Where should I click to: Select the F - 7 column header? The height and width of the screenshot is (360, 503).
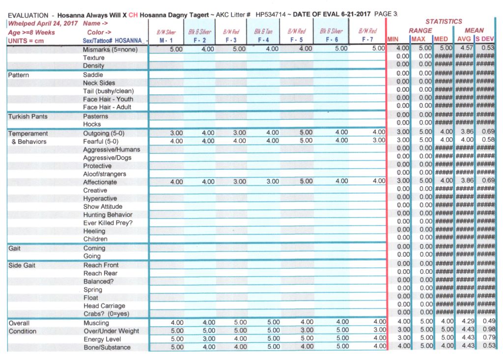click(367, 40)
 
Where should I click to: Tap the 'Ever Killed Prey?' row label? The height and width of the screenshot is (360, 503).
click(108, 223)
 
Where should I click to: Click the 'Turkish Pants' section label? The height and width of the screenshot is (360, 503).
click(28, 116)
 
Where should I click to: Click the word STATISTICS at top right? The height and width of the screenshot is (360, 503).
click(444, 22)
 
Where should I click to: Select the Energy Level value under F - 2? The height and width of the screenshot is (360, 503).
click(208, 339)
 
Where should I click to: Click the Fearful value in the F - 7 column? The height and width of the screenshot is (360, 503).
click(379, 140)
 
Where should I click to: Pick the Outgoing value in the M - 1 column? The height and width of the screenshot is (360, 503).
click(176, 133)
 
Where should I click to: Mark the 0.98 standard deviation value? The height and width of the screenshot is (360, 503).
click(487, 331)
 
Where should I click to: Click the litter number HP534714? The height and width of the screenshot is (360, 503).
click(271, 15)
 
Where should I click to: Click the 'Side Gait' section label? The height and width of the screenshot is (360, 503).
click(22, 265)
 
